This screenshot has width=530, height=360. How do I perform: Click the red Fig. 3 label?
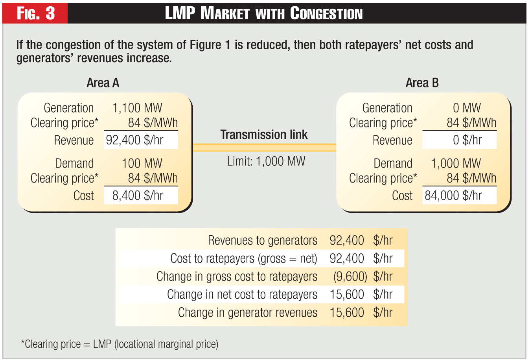coord(35,13)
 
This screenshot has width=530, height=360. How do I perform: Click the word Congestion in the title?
coord(326,14)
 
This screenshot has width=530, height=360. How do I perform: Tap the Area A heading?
coord(103,83)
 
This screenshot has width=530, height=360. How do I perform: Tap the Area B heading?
coord(422,83)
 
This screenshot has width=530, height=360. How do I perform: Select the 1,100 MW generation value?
coord(137,108)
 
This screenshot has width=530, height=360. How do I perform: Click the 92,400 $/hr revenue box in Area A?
coord(140,140)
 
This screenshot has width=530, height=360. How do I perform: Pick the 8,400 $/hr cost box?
coord(140,196)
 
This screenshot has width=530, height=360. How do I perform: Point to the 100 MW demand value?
coord(142,163)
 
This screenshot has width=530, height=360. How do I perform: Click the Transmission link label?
coord(264,135)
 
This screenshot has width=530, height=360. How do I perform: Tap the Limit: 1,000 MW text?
coord(266,161)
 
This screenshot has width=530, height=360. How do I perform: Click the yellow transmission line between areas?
coord(264,148)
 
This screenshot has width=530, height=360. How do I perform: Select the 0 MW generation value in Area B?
coord(467,108)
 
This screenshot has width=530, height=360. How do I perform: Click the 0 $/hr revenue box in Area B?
coord(459,140)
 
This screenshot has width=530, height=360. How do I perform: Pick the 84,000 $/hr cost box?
coord(459,196)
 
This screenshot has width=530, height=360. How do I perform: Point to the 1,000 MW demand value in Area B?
coord(456,163)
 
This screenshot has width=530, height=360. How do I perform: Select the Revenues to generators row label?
coord(262,240)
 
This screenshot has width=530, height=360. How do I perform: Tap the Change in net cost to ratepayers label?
coord(242,294)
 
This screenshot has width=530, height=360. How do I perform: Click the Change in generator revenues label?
coord(247,312)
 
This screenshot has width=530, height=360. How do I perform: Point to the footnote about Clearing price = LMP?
coord(120,344)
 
